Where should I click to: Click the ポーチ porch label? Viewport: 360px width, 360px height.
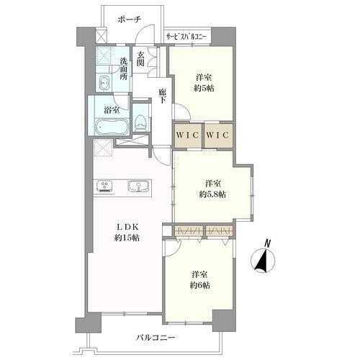click(x=129, y=19)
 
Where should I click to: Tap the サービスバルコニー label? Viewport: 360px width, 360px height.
click(x=186, y=37)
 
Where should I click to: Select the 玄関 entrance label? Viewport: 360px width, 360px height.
click(x=140, y=59)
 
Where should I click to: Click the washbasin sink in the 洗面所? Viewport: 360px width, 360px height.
click(x=104, y=83)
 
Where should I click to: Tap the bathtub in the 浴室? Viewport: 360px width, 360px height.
click(x=112, y=127)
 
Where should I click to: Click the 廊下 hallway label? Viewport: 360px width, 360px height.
click(x=162, y=96)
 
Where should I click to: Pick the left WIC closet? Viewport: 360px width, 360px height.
click(x=188, y=135)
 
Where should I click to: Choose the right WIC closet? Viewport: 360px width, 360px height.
click(x=218, y=135)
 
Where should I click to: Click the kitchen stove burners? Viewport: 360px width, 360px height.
click(x=104, y=186)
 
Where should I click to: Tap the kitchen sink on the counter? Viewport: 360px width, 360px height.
click(x=138, y=186)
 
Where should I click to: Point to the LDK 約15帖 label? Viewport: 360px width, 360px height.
click(x=127, y=232)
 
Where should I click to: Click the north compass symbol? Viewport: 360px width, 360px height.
click(x=263, y=261)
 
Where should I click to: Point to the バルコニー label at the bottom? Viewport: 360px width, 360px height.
click(x=156, y=338)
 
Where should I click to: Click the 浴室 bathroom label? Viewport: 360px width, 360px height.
click(x=112, y=110)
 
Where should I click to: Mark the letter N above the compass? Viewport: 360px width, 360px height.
click(x=267, y=243)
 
